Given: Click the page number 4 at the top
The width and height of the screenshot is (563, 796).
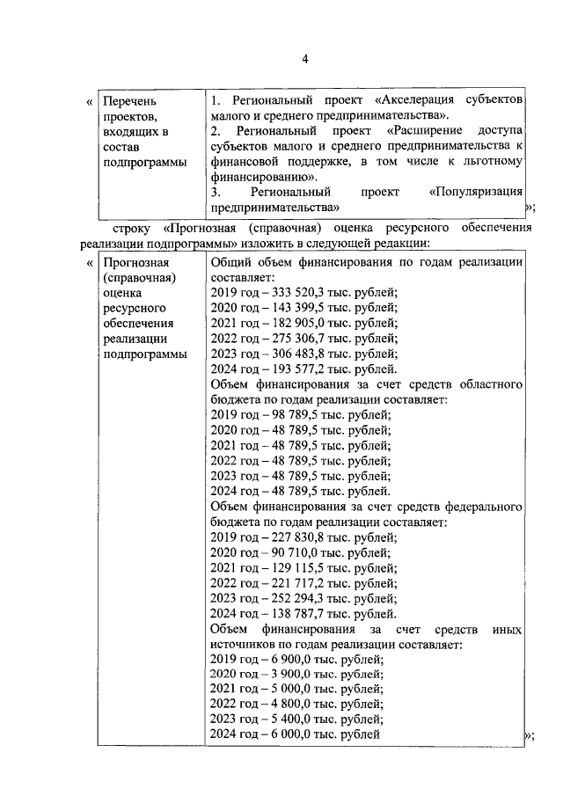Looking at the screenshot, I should click(x=304, y=59).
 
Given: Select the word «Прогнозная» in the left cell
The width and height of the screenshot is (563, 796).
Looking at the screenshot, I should click(x=134, y=263).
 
